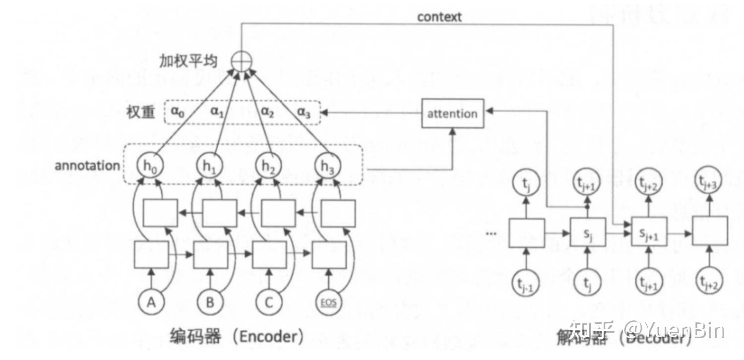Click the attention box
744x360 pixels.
pos(452,114)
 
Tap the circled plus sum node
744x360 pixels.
pos(242,61)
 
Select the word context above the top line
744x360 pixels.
pos(439,17)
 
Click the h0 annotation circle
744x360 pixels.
pos(150,167)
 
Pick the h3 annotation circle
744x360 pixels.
pos(327,167)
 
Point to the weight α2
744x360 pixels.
pos(267,112)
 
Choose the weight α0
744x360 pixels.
pos(178,112)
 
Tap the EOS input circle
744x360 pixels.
pos(327,302)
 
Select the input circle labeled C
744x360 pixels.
pos(268,302)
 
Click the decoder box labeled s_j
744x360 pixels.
pos(587,233)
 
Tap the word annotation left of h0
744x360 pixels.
pos(87,166)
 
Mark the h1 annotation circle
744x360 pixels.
pos(210,167)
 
